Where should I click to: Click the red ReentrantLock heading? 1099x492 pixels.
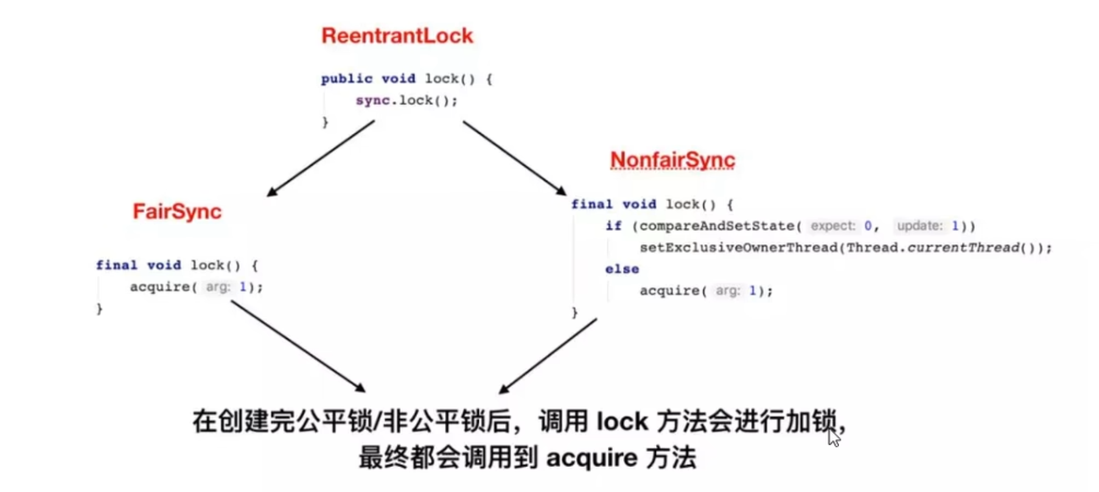click(x=397, y=36)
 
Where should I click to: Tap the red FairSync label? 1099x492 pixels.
click(x=177, y=212)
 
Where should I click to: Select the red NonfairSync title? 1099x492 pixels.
click(x=672, y=160)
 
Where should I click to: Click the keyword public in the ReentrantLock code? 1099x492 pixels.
click(x=346, y=79)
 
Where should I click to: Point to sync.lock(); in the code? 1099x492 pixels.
click(x=406, y=100)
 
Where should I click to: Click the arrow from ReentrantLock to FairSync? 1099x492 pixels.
click(x=321, y=158)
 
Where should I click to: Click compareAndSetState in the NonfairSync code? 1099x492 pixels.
click(x=717, y=226)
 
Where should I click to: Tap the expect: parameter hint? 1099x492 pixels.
click(x=832, y=226)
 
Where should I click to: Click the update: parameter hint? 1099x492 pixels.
click(x=919, y=226)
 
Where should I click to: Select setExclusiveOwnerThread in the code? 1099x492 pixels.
click(x=738, y=248)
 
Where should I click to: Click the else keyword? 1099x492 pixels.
click(x=622, y=269)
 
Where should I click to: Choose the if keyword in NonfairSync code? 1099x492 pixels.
click(x=613, y=226)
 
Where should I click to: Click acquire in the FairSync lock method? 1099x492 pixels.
click(x=160, y=287)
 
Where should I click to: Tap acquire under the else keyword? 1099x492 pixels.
click(x=669, y=291)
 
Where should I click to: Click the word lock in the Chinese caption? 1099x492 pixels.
click(x=622, y=421)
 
